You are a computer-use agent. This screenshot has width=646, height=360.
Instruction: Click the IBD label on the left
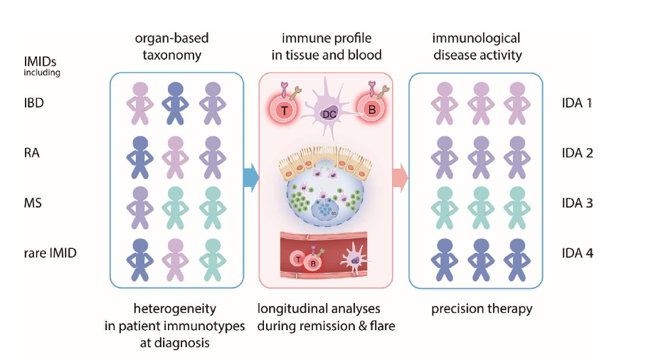33,103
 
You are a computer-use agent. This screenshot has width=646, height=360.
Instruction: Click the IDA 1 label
577,103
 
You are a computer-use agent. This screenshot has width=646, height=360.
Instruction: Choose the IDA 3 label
577,203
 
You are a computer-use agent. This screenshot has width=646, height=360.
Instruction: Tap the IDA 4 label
577,253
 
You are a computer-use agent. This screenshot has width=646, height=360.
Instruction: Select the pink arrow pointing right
400,178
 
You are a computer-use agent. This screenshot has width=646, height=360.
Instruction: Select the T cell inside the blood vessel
297,260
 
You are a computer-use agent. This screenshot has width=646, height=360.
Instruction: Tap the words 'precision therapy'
482,309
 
